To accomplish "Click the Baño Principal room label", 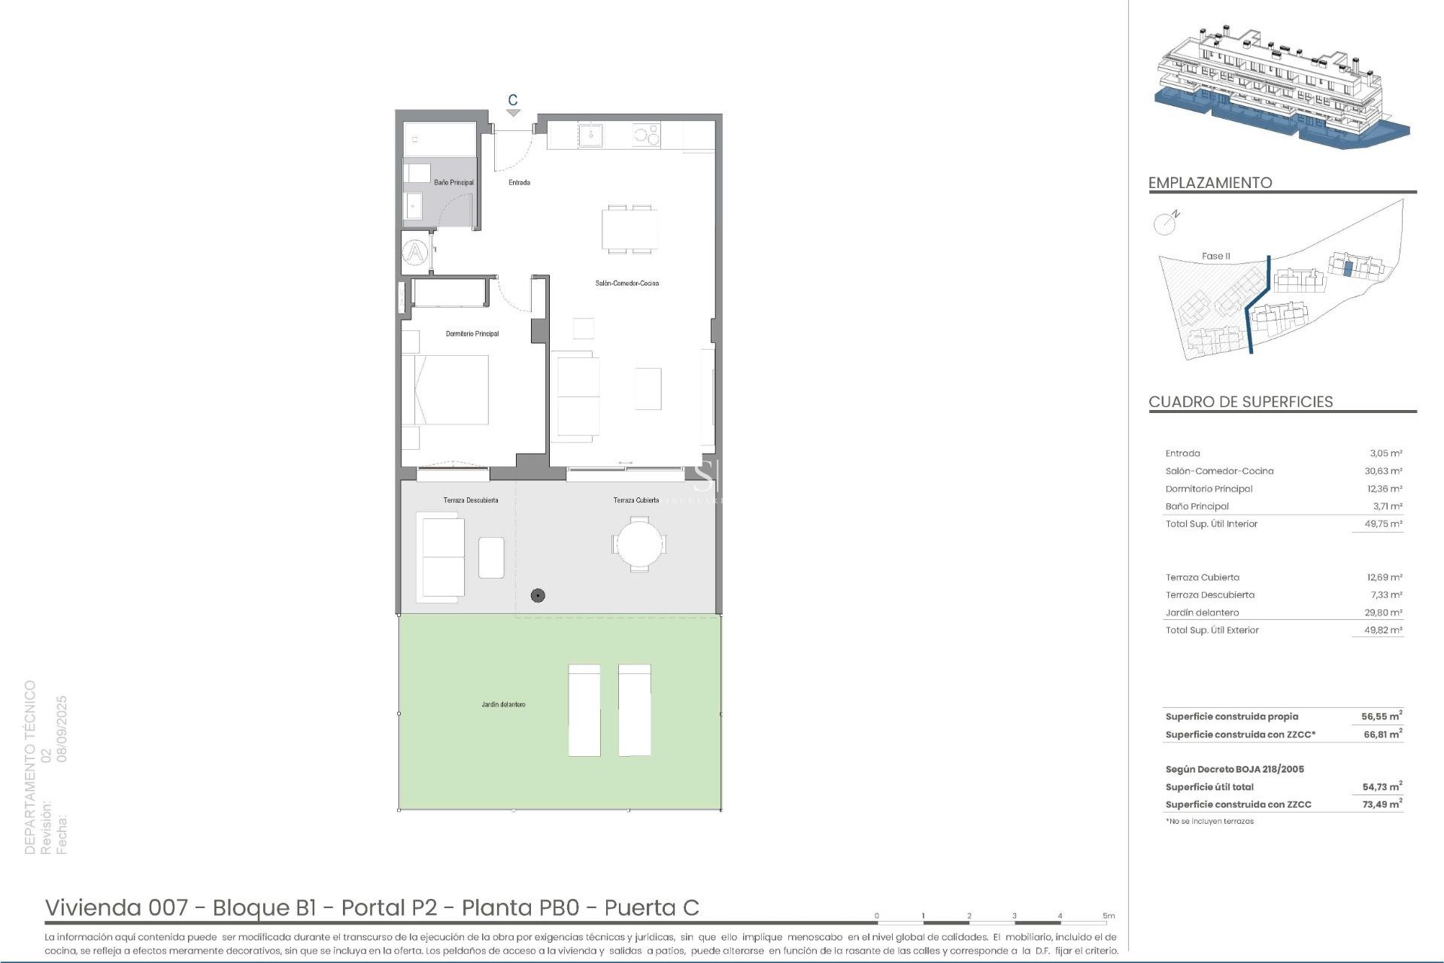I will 454,182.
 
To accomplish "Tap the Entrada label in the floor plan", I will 519,182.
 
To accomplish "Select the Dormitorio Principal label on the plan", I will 472,333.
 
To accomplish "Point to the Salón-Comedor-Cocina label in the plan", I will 626,283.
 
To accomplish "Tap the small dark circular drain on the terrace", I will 537,595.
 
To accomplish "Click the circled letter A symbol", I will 415,251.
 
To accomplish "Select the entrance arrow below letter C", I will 513,113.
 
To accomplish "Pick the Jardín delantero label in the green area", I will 503,704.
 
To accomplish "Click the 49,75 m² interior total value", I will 1385,524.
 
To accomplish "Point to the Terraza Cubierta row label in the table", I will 1202,577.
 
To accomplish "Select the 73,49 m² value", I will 1382,804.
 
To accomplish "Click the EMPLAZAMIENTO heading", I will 1209,183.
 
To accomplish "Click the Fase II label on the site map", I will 1215,256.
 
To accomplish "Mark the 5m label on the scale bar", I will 1109,916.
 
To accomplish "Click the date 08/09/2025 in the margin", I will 62,728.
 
